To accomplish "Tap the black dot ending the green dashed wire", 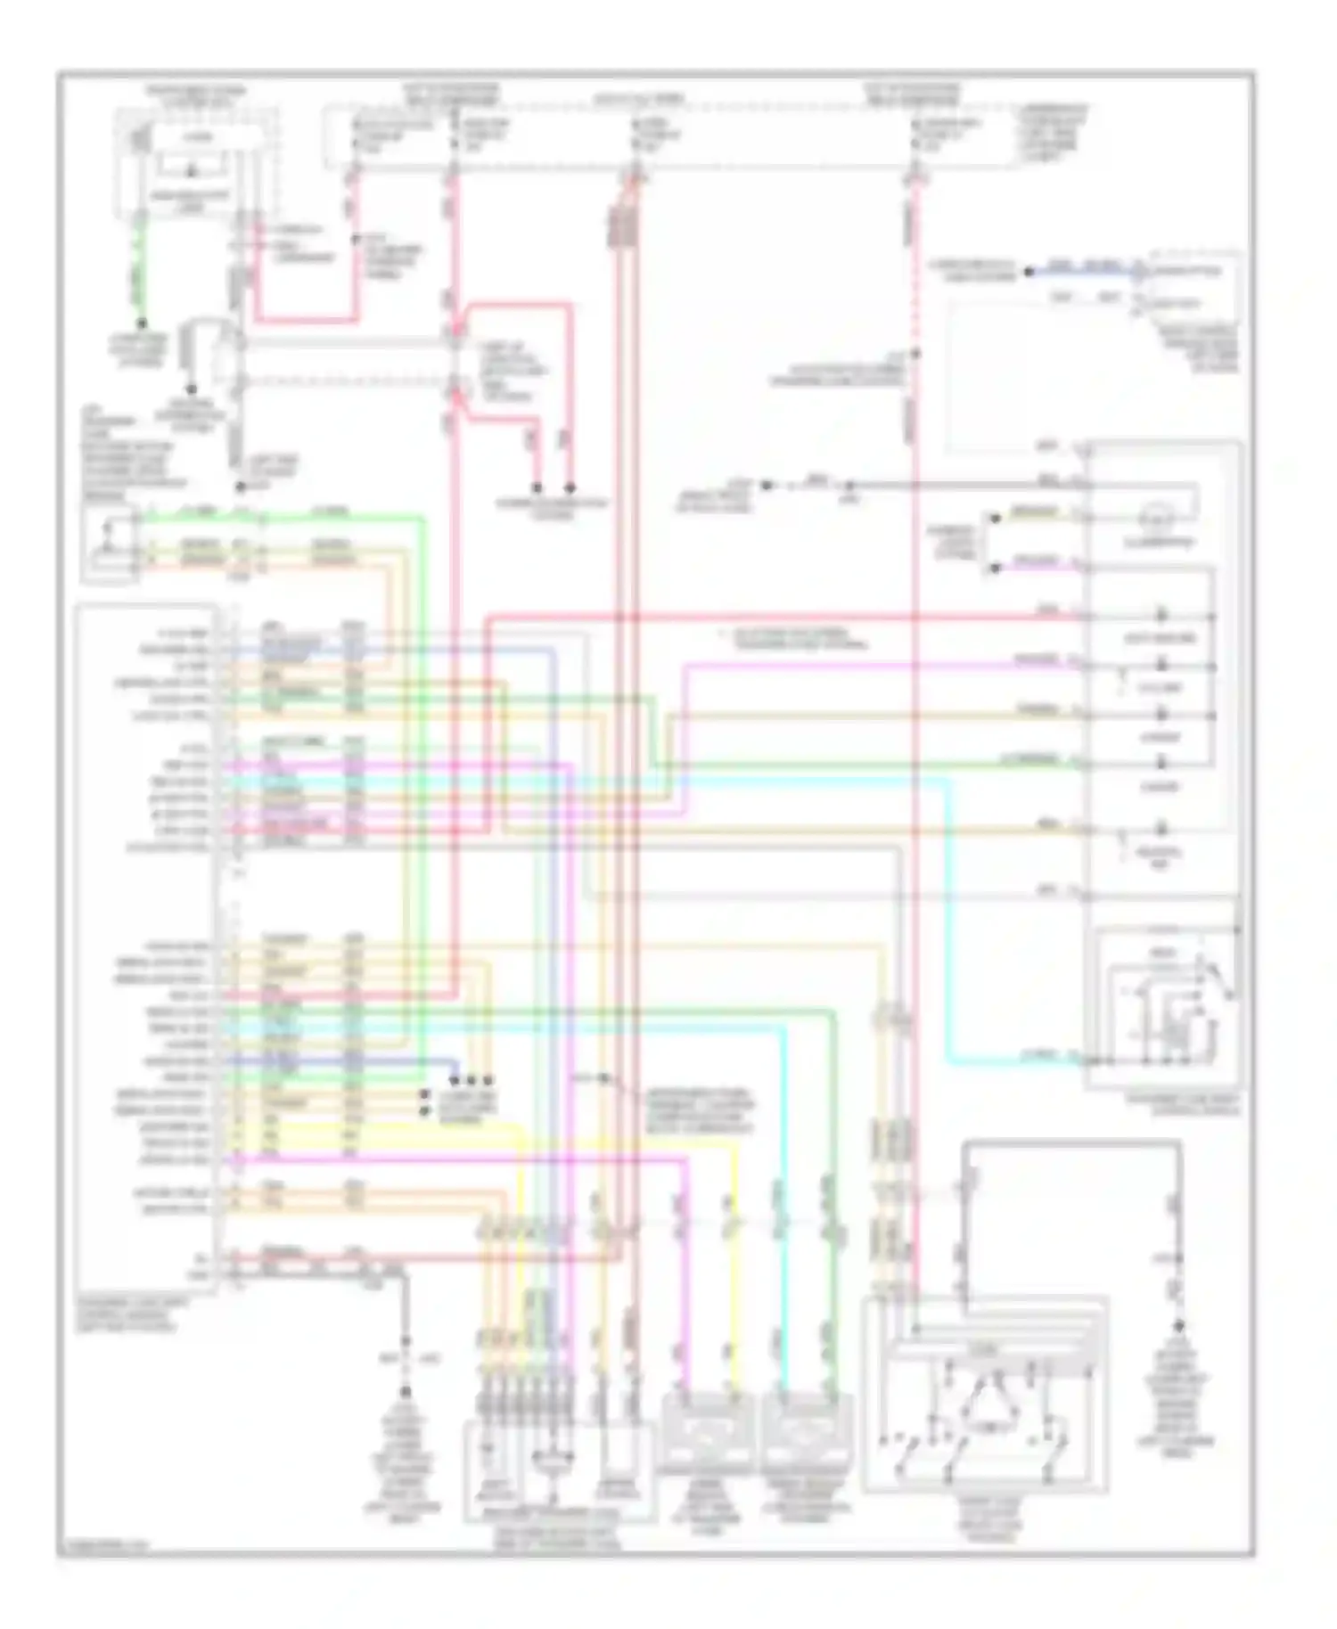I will point(141,323).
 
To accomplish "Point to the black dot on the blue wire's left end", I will point(1028,271).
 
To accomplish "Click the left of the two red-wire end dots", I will point(537,488).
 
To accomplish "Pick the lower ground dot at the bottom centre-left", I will point(406,1391).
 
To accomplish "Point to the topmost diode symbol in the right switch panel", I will point(1161,615).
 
